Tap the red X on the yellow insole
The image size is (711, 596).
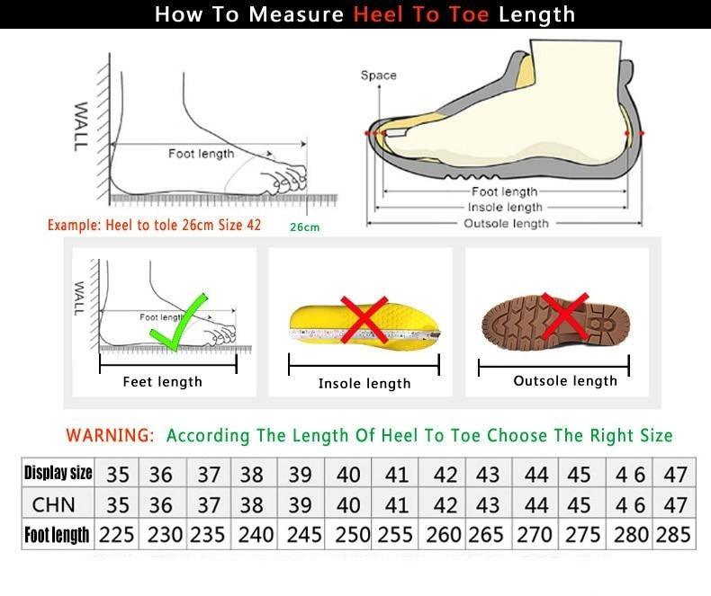pyautogui.click(x=364, y=320)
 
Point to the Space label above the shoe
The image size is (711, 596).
pyautogui.click(x=378, y=76)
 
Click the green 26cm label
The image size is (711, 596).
pyautogui.click(x=304, y=227)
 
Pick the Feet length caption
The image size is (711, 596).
pyautogui.click(x=162, y=382)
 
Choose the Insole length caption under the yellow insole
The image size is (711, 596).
pyautogui.click(x=364, y=384)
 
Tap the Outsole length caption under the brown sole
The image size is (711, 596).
pyautogui.click(x=565, y=381)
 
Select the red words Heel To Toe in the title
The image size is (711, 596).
pyautogui.click(x=422, y=14)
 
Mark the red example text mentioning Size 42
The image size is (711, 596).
pyautogui.click(x=154, y=225)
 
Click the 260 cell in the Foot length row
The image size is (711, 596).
pyautogui.click(x=445, y=535)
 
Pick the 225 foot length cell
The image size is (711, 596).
pyautogui.click(x=116, y=535)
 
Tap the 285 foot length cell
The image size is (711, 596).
pyautogui.click(x=674, y=535)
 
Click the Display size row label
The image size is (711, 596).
pyautogui.click(x=58, y=473)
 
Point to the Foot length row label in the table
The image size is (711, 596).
pyautogui.click(x=58, y=535)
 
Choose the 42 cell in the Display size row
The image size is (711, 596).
pyautogui.click(x=445, y=474)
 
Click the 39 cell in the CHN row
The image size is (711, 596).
pyautogui.click(x=304, y=504)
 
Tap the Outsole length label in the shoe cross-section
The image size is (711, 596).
pyautogui.click(x=506, y=224)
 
